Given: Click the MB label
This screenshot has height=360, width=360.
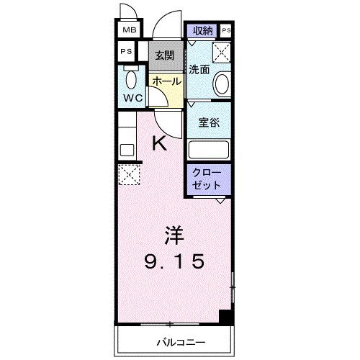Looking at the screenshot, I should coord(128,30).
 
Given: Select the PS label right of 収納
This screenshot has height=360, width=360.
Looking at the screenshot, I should coord(227,30).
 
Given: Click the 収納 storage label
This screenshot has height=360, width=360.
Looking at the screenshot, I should coord(203,30).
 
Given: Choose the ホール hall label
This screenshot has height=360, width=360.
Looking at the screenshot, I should coord(166,82).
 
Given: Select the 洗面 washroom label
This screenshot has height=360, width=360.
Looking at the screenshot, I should coord(199,70).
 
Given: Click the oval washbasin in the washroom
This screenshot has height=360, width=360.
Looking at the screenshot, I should coord(222,84).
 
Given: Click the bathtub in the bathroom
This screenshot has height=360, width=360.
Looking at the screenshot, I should coord(208,150).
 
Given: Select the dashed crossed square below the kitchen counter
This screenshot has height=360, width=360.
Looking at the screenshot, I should coord(130,174).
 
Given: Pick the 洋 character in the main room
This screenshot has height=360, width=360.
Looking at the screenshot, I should coord(172,235).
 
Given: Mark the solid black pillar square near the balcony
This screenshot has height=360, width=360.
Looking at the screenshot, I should coord(225,315).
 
